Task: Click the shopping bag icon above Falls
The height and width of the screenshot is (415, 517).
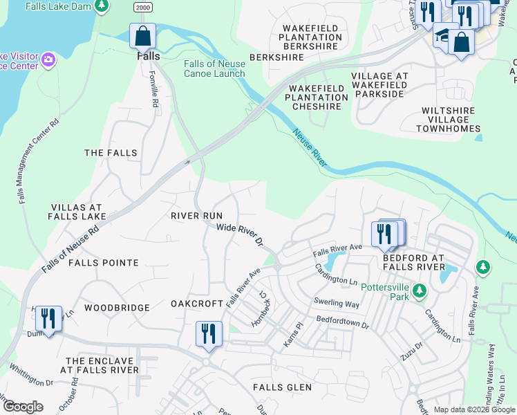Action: (x=142, y=35)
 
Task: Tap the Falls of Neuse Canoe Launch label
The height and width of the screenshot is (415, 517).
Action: (x=214, y=68)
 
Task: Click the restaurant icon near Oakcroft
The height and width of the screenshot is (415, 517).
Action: (x=208, y=333)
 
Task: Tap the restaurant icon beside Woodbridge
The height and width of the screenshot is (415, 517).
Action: (x=48, y=319)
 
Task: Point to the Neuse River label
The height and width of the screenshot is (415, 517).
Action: (x=309, y=147)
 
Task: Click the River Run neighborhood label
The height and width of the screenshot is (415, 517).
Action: (x=196, y=216)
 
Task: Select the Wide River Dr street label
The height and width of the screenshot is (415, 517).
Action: (x=241, y=234)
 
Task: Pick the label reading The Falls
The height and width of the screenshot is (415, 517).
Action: (x=111, y=152)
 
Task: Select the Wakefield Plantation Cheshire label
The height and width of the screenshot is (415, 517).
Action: (x=317, y=98)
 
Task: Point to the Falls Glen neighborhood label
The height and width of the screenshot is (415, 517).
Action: (x=282, y=387)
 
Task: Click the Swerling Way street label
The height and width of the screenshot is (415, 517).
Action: (x=336, y=302)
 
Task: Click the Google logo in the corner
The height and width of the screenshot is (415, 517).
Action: (x=23, y=407)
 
